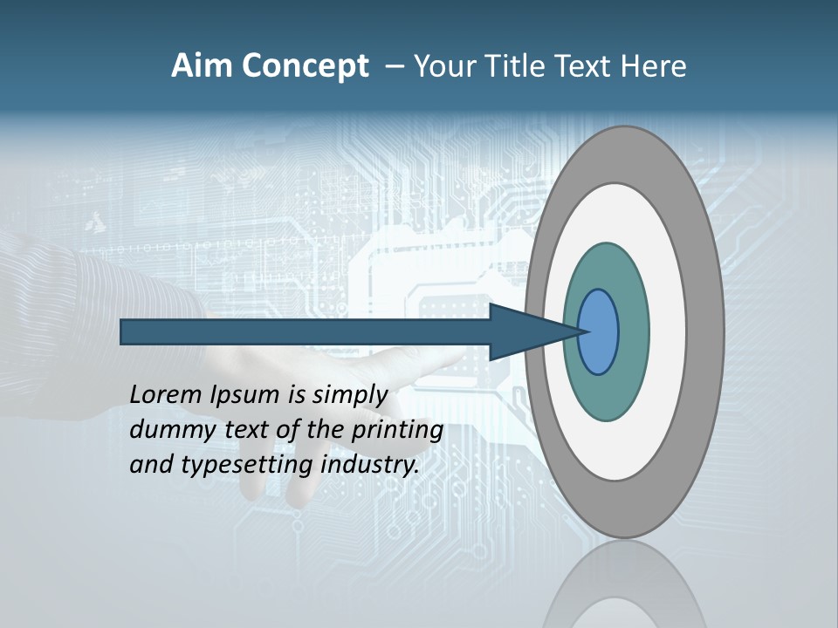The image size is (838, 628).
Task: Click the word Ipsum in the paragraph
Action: coord(245,395)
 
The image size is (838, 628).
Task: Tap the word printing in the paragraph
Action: coord(396,430)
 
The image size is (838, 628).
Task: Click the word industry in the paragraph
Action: coord(370,465)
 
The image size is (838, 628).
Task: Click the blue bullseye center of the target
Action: coord(599,332)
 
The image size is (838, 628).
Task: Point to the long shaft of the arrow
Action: coord(306,332)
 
